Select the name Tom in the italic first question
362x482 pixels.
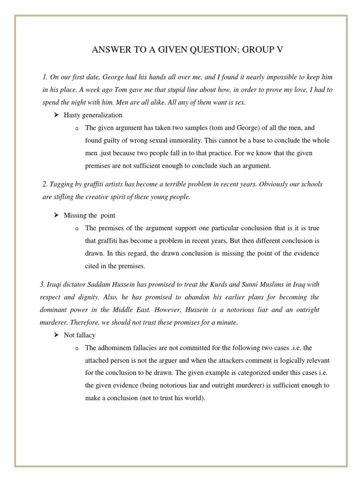pyautogui.click(x=122, y=89)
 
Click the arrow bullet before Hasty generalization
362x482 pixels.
pyautogui.click(x=56, y=115)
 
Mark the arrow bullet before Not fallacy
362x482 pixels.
pyautogui.click(x=56, y=335)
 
